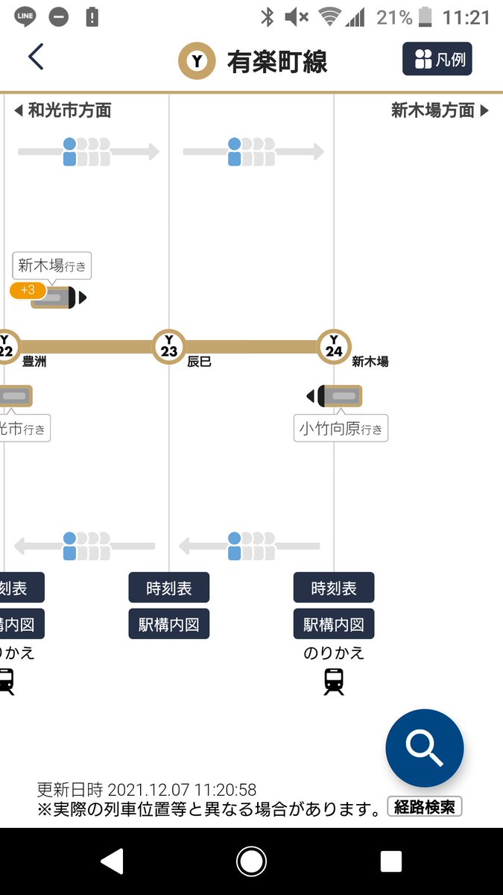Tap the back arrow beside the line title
coord(35,57)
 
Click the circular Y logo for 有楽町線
coord(197,61)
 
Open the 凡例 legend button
coord(437,59)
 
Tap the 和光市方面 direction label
coord(63,111)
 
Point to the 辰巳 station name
coord(199,362)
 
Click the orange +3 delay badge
coord(28,290)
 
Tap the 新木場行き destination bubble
coord(52,266)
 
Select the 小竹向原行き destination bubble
coord(341,428)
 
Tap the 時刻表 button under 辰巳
coord(169,588)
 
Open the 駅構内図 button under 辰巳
coord(169,624)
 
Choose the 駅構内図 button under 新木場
coord(334,624)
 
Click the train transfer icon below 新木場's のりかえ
coord(334,681)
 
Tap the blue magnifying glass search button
coord(425,748)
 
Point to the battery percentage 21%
coord(393,17)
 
